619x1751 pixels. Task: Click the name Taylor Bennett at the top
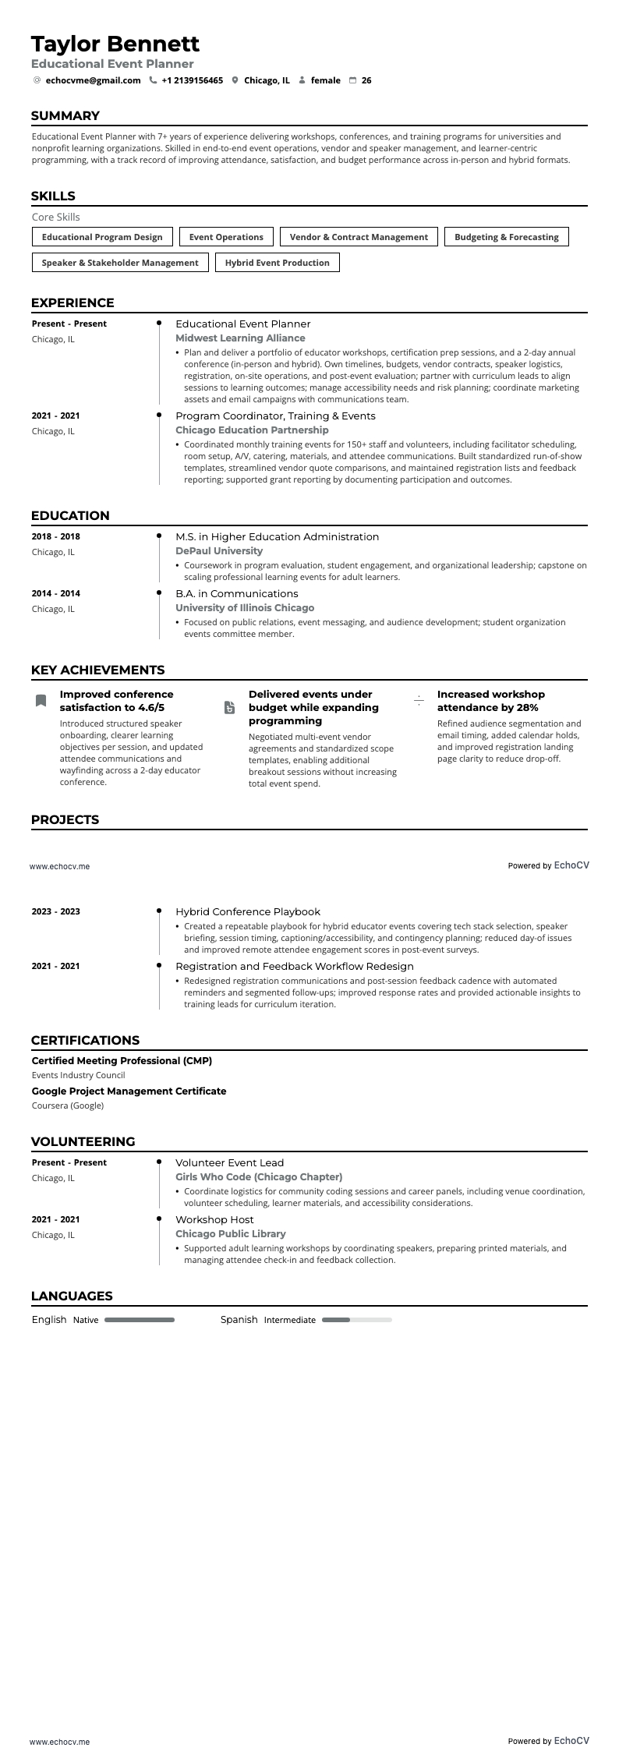115,44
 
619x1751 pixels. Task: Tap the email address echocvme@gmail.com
93,80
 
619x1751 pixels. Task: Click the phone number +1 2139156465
192,80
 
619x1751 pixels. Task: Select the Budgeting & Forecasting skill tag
506,237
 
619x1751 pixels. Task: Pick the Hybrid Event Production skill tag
277,263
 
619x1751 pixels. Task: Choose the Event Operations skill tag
226,237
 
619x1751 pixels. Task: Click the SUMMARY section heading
65,116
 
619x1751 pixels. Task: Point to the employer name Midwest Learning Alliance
240,338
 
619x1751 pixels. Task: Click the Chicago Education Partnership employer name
252,430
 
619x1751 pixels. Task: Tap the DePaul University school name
218,551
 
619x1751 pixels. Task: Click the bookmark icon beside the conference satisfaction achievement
41,701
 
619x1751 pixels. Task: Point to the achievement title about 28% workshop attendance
490,701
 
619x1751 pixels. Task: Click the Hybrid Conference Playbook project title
248,912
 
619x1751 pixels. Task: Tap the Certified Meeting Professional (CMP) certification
122,1061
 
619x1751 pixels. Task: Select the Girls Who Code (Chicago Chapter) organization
259,1177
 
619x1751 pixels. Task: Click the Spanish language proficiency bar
356,1320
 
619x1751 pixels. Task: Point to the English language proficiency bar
140,1320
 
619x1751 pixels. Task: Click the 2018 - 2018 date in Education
56,537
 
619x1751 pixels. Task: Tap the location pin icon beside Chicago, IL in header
235,80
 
